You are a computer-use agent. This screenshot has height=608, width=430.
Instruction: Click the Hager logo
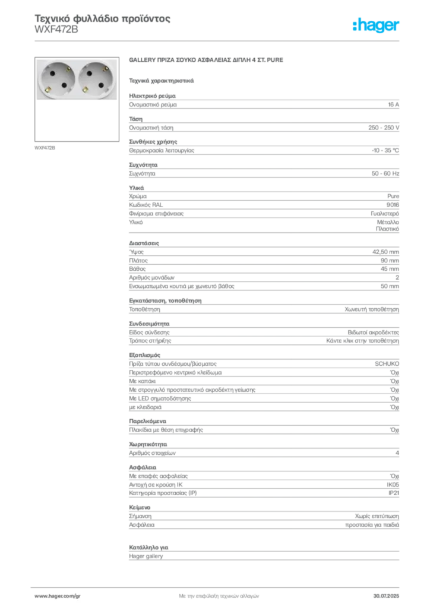click(x=376, y=25)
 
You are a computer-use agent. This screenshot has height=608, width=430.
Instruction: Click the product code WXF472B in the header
click(x=56, y=30)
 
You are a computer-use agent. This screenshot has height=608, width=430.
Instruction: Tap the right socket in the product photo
click(x=97, y=79)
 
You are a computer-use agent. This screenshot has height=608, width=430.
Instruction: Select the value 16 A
click(x=393, y=104)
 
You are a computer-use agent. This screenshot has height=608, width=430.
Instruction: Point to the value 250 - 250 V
click(x=384, y=128)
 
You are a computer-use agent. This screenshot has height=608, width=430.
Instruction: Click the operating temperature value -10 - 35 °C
click(x=385, y=150)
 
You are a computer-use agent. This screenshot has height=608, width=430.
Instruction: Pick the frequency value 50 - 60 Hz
click(x=385, y=173)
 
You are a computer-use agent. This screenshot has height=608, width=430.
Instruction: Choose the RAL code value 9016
click(x=393, y=205)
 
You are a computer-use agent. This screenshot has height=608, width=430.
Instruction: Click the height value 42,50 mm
click(x=385, y=252)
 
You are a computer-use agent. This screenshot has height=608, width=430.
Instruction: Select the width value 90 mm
click(x=390, y=261)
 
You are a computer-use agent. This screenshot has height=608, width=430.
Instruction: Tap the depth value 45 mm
click(x=390, y=269)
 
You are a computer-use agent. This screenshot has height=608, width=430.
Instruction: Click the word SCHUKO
click(x=387, y=364)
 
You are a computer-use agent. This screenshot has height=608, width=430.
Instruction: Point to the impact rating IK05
click(x=393, y=484)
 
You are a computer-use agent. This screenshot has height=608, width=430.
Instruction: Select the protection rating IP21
click(x=394, y=493)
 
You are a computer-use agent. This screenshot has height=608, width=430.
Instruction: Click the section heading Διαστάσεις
click(x=144, y=243)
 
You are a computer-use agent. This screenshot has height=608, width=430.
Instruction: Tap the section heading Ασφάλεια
click(x=143, y=467)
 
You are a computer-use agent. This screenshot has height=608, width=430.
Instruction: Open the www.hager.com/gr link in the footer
click(x=58, y=596)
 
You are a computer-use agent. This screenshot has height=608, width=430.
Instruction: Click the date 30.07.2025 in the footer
click(x=386, y=596)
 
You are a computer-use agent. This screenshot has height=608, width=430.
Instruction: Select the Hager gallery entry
click(x=146, y=556)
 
